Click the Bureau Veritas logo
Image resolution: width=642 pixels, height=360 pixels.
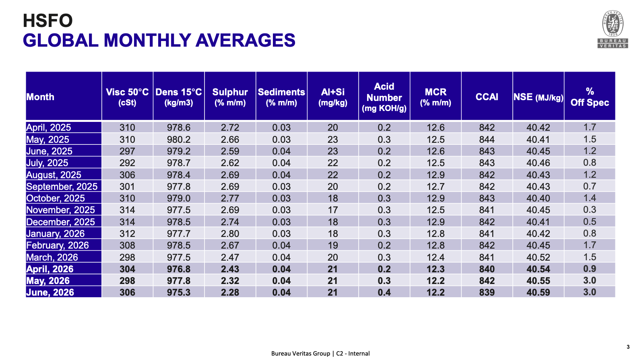point(613,29)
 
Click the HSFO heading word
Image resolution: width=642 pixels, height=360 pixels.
point(47,21)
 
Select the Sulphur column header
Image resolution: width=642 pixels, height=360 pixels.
point(230,97)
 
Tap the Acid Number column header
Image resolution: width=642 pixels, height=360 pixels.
point(384,97)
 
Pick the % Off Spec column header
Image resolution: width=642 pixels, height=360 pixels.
point(590,97)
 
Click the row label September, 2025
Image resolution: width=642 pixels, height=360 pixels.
point(62,187)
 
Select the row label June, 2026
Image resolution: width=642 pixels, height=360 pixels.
point(50,292)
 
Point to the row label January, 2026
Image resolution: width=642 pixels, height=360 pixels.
point(55,233)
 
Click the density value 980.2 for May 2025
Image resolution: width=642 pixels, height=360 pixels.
point(179,140)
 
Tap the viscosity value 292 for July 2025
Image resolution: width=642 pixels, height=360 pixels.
point(127,163)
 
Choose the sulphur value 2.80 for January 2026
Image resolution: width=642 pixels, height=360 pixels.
point(230,234)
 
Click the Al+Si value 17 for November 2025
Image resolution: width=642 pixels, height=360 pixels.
point(332,210)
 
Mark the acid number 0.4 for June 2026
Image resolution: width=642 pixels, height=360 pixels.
point(384,292)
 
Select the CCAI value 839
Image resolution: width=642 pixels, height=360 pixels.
point(487,292)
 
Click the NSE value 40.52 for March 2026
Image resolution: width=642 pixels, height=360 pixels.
point(538,257)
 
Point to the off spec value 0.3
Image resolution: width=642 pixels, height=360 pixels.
point(590,210)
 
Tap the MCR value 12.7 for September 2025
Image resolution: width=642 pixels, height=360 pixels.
point(436,187)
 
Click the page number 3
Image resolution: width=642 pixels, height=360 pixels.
point(628,347)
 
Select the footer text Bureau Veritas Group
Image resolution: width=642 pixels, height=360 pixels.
point(301,354)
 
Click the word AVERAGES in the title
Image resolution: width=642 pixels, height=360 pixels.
point(246,40)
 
